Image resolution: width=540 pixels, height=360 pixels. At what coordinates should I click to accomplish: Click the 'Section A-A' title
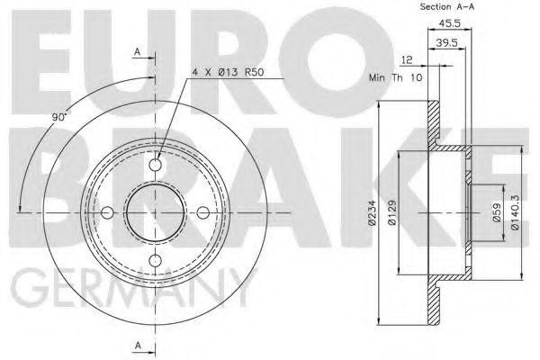click(x=446, y=6)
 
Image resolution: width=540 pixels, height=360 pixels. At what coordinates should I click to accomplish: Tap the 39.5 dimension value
click(x=446, y=42)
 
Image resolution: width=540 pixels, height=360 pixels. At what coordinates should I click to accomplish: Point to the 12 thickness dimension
click(x=407, y=60)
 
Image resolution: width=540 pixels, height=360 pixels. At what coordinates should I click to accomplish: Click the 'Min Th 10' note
click(x=396, y=77)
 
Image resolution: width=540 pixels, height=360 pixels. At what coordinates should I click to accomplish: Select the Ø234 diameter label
click(x=372, y=213)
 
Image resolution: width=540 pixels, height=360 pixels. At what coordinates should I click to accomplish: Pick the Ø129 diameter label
click(x=392, y=213)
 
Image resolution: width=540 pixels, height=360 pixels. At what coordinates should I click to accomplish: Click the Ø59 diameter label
click(x=497, y=213)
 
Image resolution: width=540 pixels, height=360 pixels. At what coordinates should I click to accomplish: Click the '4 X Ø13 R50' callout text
click(x=228, y=73)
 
